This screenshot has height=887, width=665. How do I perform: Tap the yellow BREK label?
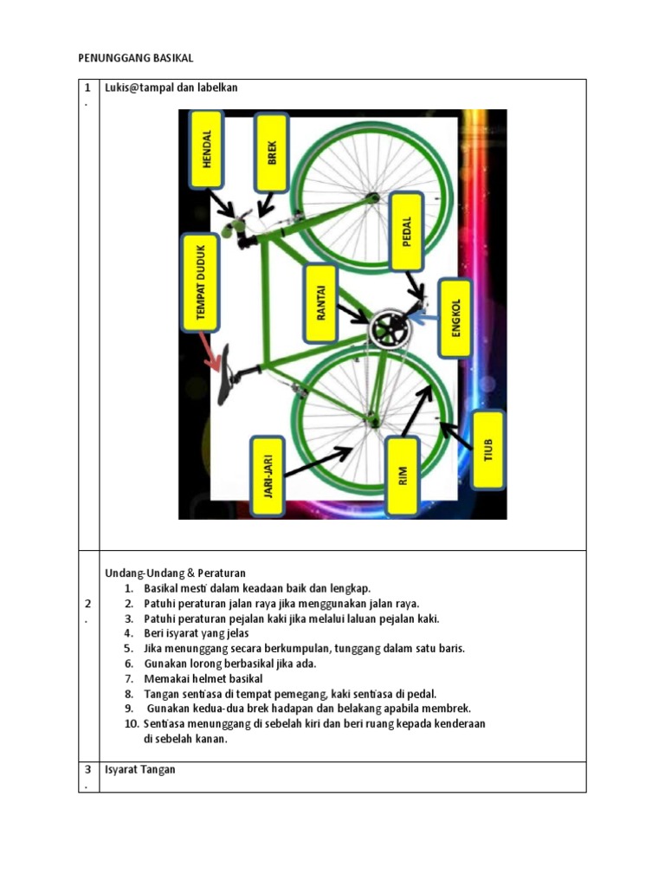coord(272,152)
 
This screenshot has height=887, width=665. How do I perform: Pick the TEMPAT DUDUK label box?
coord(202,283)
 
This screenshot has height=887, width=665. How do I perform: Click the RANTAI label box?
coord(320,302)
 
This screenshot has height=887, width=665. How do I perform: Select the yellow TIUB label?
coord(487,449)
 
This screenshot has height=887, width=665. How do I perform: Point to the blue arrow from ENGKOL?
coord(422,319)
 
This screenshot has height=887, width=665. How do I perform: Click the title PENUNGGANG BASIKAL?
coord(135,58)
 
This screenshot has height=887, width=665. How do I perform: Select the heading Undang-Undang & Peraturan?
coord(175,573)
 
